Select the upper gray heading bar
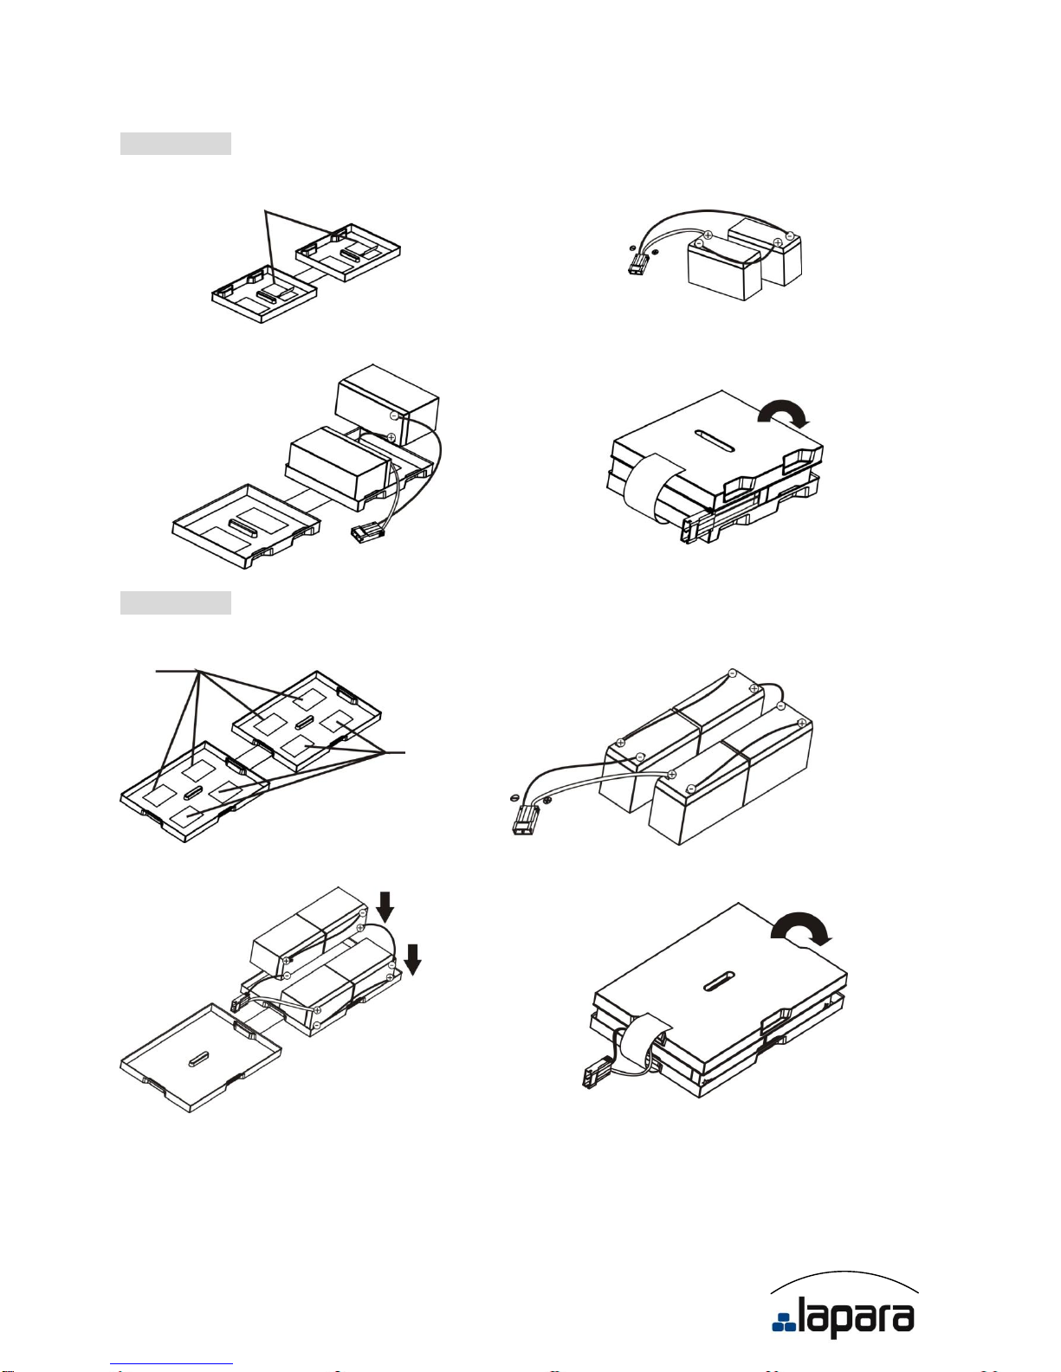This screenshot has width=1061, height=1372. (176, 144)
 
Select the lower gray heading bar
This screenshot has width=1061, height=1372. (176, 602)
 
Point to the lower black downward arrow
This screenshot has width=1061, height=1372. (412, 959)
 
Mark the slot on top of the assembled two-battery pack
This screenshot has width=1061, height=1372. (714, 440)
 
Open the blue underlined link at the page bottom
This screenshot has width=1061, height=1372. (171, 1364)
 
